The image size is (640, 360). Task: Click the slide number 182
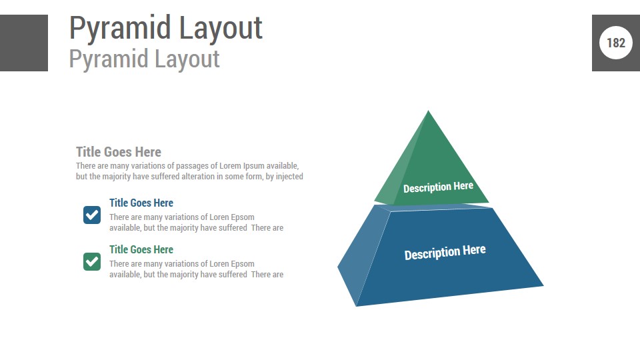coord(615,43)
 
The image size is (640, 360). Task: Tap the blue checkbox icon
coord(92,215)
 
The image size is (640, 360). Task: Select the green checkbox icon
coord(92,261)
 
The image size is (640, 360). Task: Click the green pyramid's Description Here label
coord(439,187)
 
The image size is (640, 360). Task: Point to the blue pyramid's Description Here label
coord(445,252)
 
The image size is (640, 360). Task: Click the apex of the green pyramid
coord(428,110)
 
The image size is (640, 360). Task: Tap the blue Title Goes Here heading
coord(141,203)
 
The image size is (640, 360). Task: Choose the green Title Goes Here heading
coord(141,249)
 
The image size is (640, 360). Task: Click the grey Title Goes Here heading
coord(119,152)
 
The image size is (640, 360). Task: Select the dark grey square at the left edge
coord(24,43)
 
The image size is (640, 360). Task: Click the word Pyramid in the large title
coord(120,29)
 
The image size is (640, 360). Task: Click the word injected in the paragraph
coord(289,176)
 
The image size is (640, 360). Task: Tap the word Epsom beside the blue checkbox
coord(243,217)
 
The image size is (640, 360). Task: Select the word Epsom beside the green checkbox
coord(243,264)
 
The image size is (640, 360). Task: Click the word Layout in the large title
coord(221,29)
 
